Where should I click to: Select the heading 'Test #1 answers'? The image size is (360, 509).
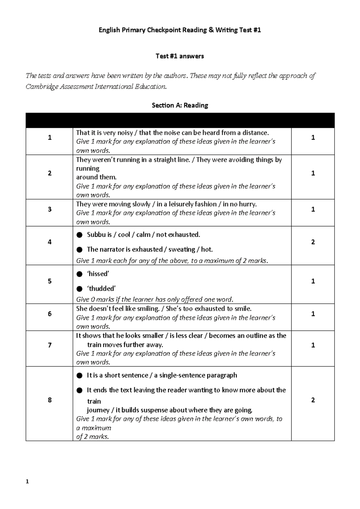coord(180,56)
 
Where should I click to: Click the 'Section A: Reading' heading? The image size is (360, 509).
coord(180,105)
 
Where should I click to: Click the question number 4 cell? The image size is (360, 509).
coord(49,242)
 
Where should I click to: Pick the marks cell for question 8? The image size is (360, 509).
coord(313,400)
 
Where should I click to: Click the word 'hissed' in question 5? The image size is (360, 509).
coord(98,274)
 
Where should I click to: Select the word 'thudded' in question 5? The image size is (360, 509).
coord(101,288)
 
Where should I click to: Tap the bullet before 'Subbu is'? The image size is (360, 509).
coord(79,235)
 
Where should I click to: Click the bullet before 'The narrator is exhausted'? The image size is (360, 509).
coord(79,250)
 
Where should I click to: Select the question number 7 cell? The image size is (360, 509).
coord(49,345)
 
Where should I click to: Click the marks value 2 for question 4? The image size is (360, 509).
coord(313,242)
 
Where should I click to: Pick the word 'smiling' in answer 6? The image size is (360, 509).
coord(148,309)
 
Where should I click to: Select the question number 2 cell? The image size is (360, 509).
coord(49,173)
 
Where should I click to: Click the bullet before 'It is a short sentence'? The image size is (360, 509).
coord(79,375)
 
